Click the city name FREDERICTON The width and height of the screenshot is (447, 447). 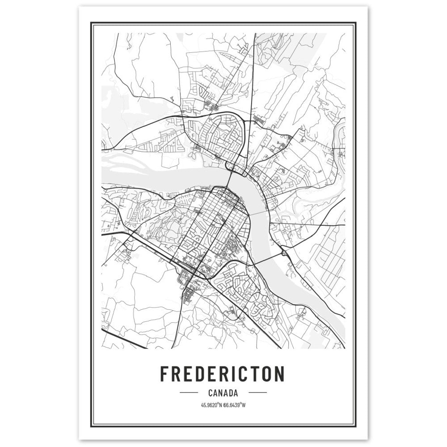[x=222, y=374]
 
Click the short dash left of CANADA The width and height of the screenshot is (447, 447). [x=188, y=393]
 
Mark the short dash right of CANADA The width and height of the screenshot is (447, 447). [x=257, y=393]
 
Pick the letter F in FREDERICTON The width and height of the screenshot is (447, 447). [x=164, y=374]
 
